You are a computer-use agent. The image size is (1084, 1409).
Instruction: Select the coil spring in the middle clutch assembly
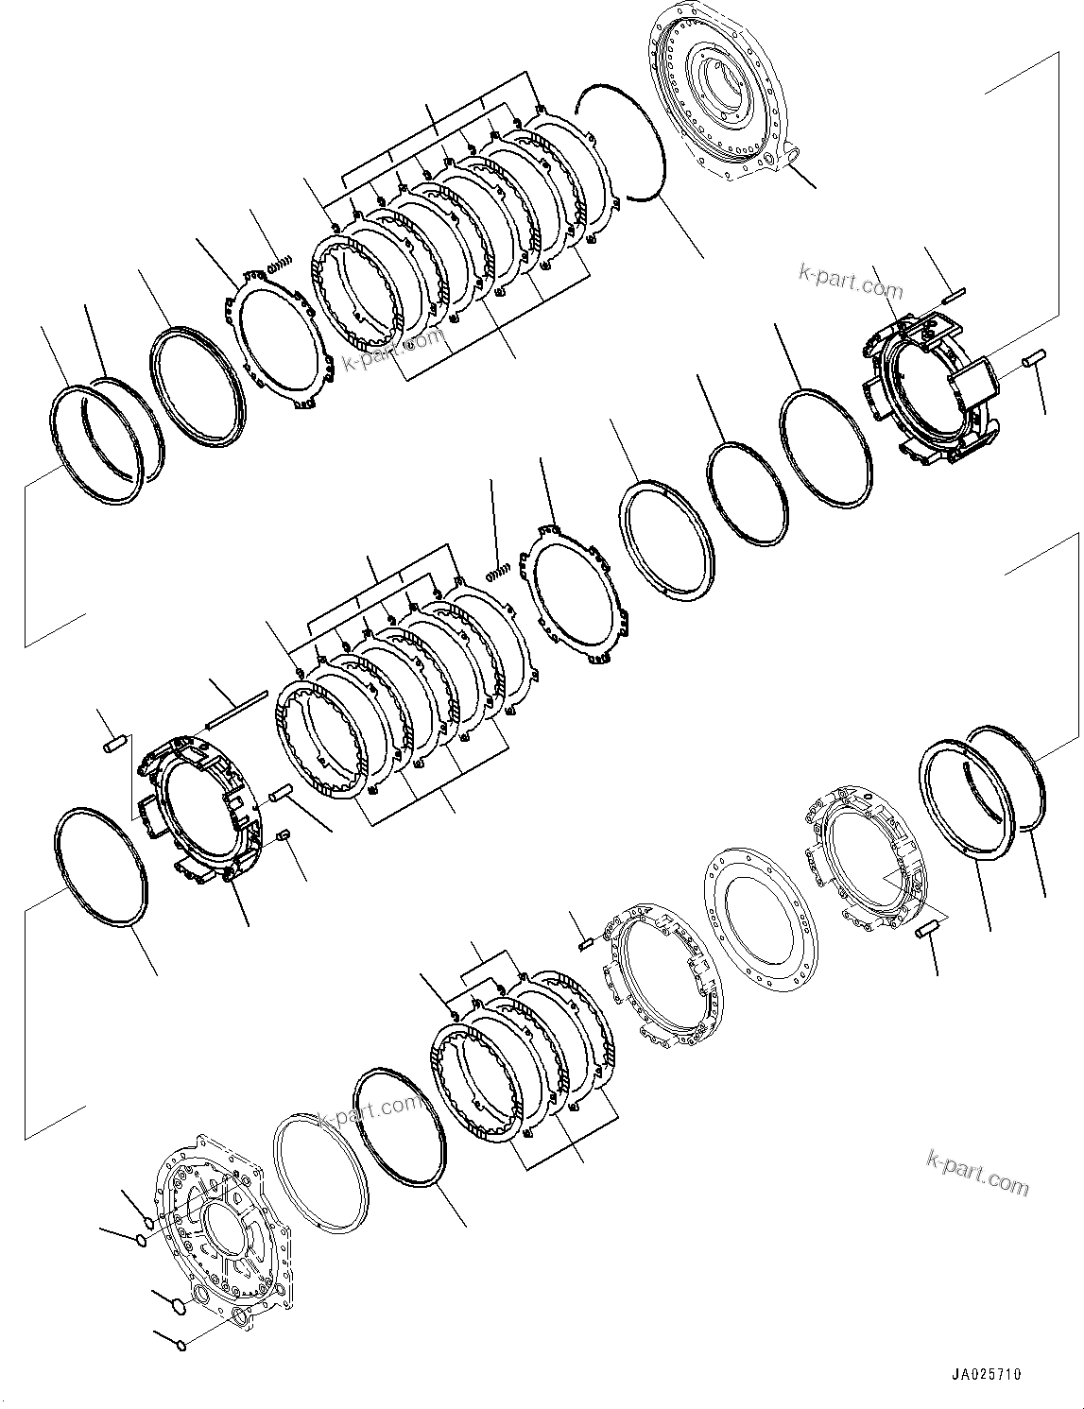tap(498, 569)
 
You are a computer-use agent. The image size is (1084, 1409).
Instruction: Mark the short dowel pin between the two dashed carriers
tap(581, 940)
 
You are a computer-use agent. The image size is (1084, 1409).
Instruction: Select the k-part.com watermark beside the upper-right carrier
tap(851, 281)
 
